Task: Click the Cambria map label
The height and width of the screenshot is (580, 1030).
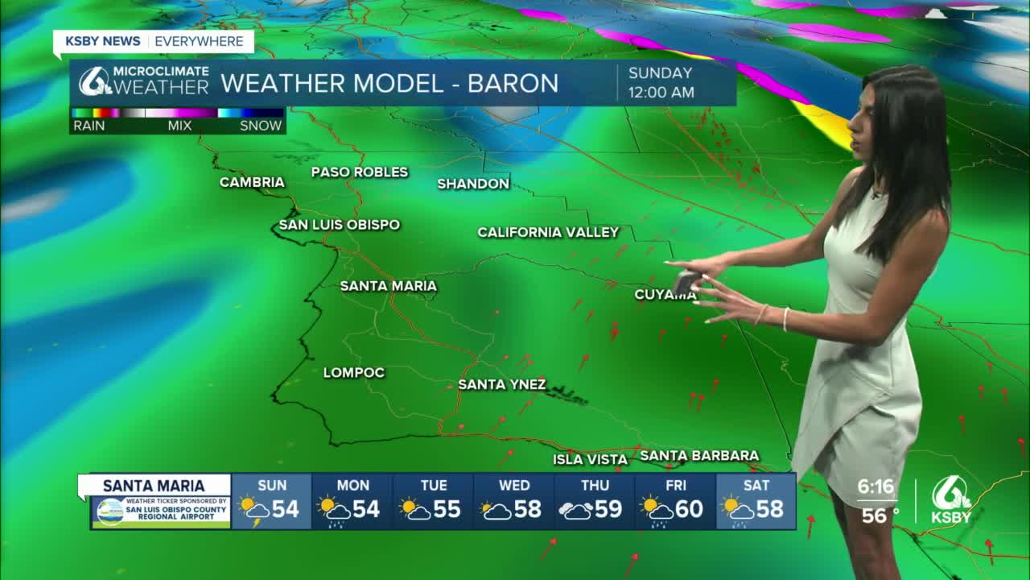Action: [x=252, y=182]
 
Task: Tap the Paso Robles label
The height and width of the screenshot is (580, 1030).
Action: [x=360, y=172]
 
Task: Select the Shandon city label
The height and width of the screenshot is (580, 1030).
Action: [x=473, y=184]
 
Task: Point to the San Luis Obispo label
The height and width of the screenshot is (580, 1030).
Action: [x=339, y=225]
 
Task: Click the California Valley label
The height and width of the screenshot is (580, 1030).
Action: [x=548, y=232]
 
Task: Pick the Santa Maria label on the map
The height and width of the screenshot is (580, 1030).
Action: [x=388, y=286]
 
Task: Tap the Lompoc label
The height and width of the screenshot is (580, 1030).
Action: [x=354, y=372]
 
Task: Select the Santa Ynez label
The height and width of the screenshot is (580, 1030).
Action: [x=502, y=384]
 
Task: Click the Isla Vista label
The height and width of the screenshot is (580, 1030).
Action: [x=590, y=459]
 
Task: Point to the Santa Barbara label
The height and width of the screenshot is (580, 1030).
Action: [x=699, y=455]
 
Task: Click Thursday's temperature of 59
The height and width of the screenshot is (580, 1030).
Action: [x=608, y=510]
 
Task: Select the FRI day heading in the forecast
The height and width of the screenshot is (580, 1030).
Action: [x=675, y=485]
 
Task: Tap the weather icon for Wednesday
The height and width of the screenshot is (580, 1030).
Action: [x=496, y=511]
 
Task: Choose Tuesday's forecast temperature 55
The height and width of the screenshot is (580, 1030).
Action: [x=447, y=510]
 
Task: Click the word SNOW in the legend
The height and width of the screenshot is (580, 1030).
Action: [x=261, y=126]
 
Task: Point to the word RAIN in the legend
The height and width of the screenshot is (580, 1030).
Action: [x=89, y=126]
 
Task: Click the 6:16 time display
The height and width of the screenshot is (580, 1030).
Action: [x=875, y=487]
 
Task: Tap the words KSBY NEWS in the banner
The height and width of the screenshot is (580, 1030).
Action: [x=103, y=41]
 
